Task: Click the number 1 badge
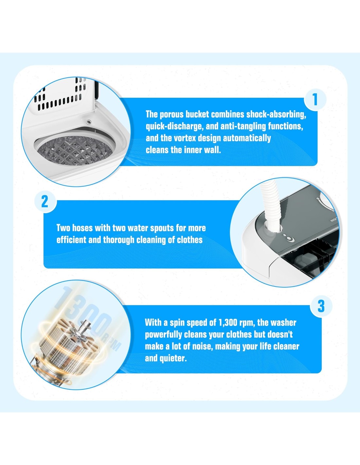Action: (315, 100)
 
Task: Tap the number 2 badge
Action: (45, 201)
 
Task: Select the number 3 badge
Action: (321, 306)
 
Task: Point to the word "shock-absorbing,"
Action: (276, 115)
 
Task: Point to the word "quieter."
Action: (176, 358)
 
